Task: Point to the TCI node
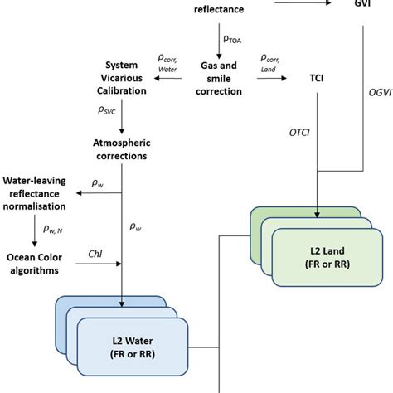[318, 78]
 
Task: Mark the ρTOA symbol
[234, 39]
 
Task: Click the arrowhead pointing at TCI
[284, 78]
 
